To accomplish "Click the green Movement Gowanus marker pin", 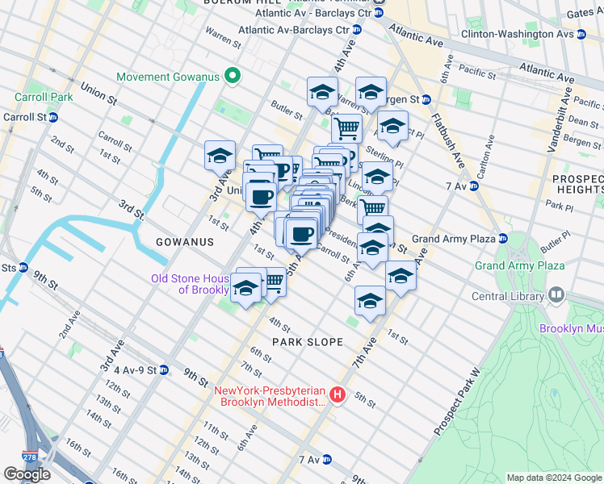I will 233,77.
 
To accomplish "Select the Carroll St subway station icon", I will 53,116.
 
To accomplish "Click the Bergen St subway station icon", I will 426,99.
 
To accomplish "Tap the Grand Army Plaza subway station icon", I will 501,239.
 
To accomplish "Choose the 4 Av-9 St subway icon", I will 164,370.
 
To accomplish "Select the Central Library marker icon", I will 555,296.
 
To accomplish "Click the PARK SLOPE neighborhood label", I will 307,342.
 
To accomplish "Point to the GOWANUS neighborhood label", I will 186,242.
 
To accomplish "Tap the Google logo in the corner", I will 27,474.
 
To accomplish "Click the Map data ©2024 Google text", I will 553,478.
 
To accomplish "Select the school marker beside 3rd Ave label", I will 220,156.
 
